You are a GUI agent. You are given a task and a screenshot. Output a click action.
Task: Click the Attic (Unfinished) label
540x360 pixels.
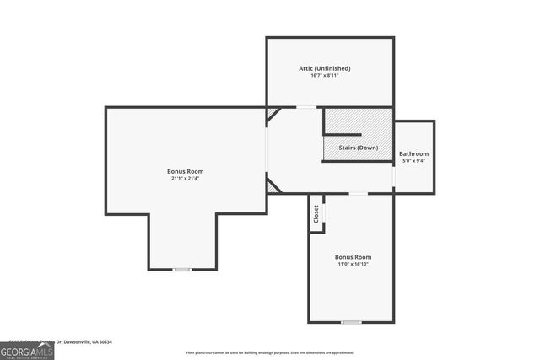coord(325,68)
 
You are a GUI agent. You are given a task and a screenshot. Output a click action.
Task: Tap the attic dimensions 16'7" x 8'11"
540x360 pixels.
coord(325,76)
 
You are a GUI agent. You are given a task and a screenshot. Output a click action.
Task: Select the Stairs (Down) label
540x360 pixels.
coord(359,148)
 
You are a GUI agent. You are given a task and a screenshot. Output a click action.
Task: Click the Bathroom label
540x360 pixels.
coord(413,153)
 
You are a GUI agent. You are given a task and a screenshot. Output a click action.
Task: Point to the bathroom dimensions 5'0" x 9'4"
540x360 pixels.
coord(413,161)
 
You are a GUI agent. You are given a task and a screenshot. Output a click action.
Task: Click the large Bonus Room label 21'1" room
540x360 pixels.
coord(185,171)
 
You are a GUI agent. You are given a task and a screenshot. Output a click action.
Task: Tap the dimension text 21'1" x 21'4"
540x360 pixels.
coord(185,179)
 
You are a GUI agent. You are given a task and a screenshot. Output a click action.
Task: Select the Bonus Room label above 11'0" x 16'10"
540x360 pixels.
coord(353,256)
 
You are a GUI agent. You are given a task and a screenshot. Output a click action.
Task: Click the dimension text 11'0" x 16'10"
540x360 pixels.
coord(353,264)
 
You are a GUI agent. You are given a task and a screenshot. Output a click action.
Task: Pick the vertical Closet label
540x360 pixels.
coord(316,213)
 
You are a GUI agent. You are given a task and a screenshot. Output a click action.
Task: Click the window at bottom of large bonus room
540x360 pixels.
coord(182,269)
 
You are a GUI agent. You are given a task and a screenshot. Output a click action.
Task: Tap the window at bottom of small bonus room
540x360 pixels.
coord(351,321)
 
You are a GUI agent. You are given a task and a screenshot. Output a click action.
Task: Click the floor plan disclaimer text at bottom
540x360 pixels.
coord(270,352)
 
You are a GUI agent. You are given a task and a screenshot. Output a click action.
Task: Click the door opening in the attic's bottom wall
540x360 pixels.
coord(305,107)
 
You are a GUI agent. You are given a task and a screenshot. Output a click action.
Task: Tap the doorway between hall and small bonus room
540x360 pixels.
coord(359,193)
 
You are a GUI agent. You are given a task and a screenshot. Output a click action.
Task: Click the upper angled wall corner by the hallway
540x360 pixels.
coord(273,116)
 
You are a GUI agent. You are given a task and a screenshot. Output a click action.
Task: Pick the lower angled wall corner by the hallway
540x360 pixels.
coord(273,185)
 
